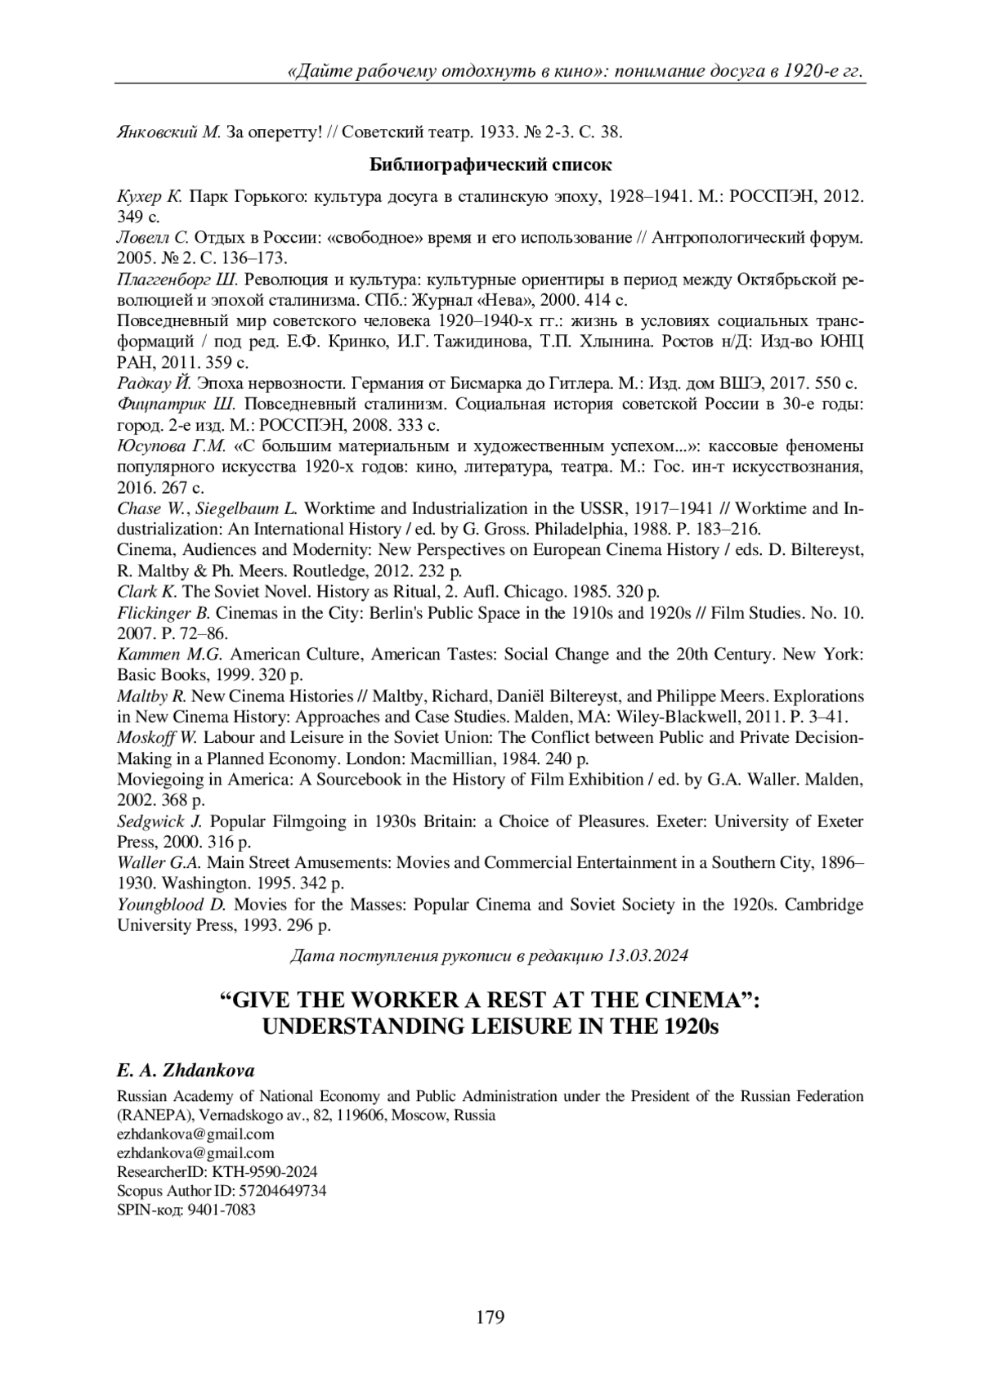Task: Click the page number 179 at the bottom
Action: pyautogui.click(x=490, y=1317)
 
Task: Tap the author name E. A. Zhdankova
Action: pyautogui.click(x=186, y=1071)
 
